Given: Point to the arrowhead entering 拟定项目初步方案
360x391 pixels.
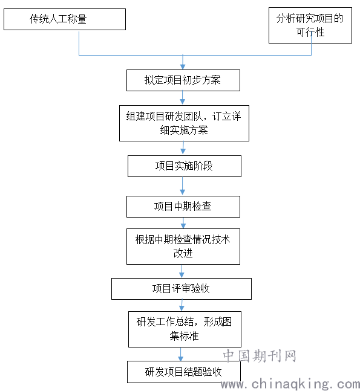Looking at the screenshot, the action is coord(183,67).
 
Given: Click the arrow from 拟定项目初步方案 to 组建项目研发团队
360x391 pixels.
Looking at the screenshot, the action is coord(183,98).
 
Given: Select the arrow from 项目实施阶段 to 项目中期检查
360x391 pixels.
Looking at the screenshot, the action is coord(183,186).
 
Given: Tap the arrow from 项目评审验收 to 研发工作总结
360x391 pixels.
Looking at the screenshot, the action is coord(182,305).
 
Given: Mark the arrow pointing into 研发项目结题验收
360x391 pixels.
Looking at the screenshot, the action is coord(181,354).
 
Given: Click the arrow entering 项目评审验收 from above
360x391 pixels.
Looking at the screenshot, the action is coord(182,271).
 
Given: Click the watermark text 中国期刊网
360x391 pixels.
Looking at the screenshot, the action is coord(260,356).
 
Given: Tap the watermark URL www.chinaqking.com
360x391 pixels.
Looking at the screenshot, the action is coord(290,384).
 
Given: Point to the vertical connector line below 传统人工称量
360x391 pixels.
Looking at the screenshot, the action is coord(79,43).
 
